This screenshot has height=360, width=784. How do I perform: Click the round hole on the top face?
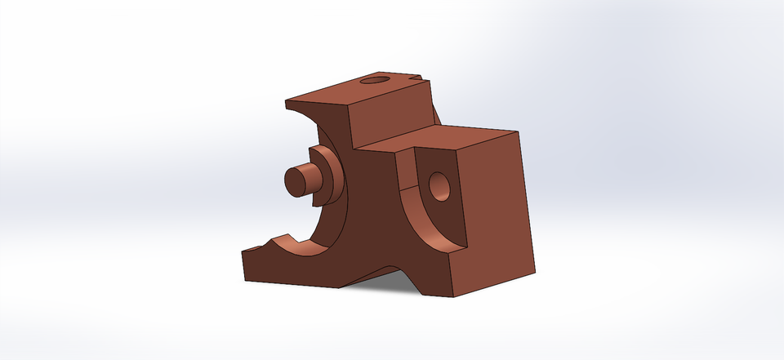tap(375, 81)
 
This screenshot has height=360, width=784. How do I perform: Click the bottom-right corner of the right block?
tap(536, 269)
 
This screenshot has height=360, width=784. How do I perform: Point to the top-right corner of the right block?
tap(519, 131)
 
